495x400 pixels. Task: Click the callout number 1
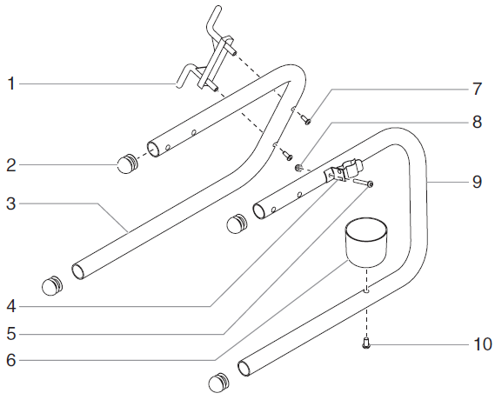[x=10, y=84]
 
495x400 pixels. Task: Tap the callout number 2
[x=10, y=163]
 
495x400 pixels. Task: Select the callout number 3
[x=10, y=204]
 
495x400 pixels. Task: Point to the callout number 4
[x=10, y=306]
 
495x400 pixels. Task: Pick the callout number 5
[x=10, y=333]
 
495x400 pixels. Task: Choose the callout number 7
[x=476, y=88]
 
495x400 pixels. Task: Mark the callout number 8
[x=476, y=122]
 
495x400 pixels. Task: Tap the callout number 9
[x=476, y=182]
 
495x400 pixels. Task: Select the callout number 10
[x=481, y=343]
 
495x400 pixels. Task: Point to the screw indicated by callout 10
[x=367, y=344]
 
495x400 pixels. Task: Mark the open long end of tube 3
[x=78, y=271]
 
